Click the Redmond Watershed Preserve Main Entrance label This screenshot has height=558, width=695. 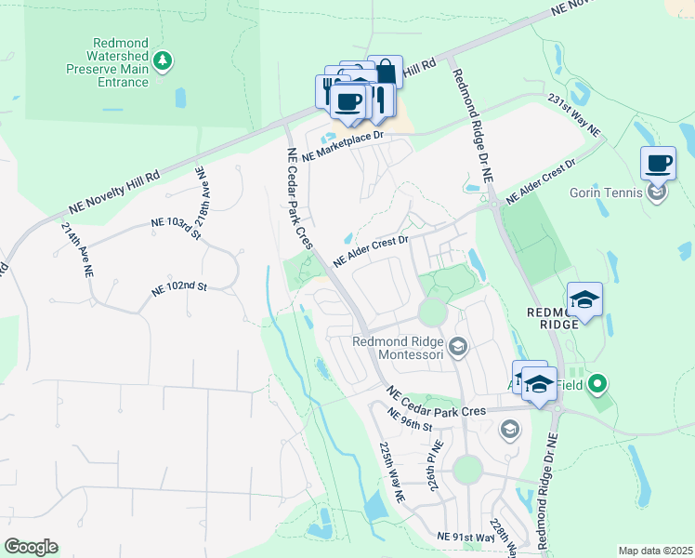coord(108,62)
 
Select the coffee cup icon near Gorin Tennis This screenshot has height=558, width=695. coord(658,164)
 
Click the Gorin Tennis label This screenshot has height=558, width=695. coord(606,193)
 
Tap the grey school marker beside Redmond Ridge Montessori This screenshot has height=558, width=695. coord(457,348)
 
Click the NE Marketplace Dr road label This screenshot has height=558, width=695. coord(342,144)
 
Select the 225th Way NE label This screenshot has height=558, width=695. coord(392,472)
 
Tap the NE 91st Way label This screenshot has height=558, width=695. coord(466,538)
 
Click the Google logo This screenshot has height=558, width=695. coord(31,547)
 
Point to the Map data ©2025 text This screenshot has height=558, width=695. coord(655,551)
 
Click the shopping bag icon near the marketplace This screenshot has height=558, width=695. coord(385,73)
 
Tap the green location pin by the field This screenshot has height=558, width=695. coord(598,382)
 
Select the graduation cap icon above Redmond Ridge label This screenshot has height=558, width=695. coord(585,299)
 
